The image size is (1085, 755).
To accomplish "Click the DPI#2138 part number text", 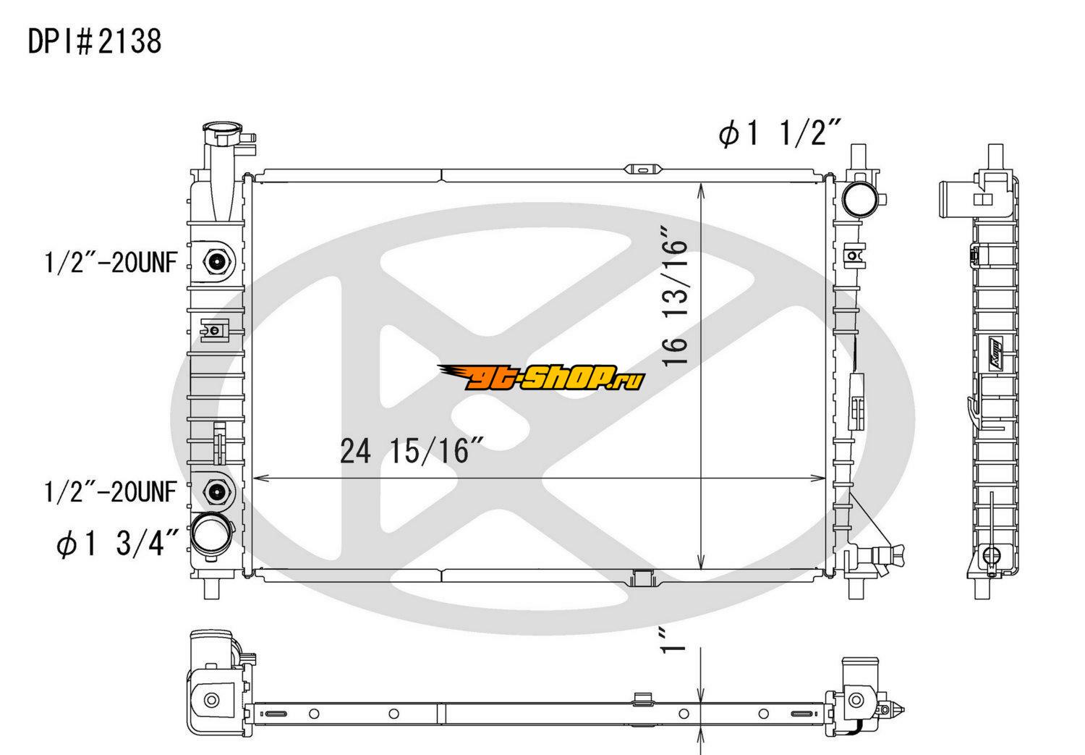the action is point(95,41).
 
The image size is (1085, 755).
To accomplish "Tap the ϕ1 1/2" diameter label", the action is point(779,132).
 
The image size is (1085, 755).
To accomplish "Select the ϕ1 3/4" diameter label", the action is point(118,543).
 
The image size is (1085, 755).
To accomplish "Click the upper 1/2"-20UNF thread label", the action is point(111,263).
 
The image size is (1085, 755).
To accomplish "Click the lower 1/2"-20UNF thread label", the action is point(111,492).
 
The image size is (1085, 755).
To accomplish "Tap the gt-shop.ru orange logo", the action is point(541,377).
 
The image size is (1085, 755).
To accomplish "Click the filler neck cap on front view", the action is point(222,132).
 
